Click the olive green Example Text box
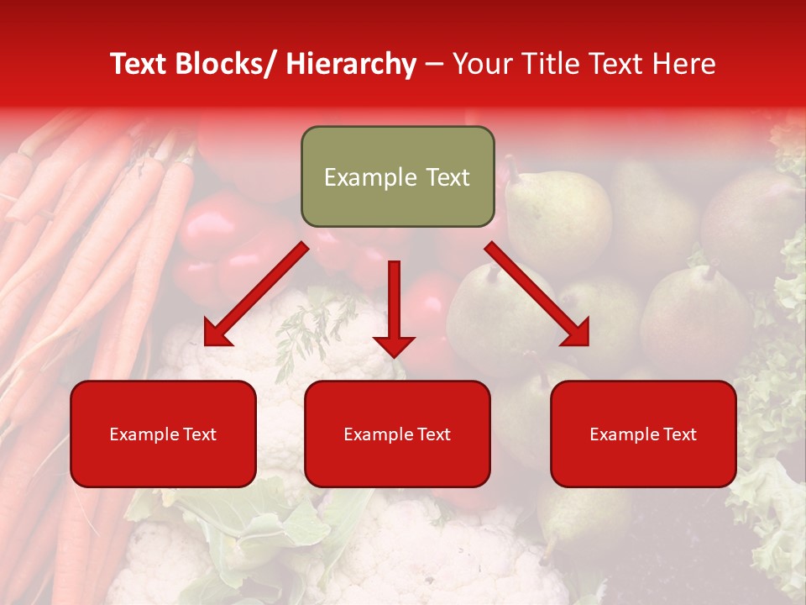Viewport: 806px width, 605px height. click(397, 176)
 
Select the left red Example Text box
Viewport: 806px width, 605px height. click(163, 434)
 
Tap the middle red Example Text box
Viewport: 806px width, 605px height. click(397, 434)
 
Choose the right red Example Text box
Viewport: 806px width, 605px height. click(643, 434)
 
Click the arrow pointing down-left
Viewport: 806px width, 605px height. click(257, 294)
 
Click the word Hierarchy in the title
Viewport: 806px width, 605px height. click(351, 64)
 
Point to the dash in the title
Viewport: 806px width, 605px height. click(434, 64)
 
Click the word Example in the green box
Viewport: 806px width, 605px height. click(370, 177)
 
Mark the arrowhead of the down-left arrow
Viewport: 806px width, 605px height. click(217, 334)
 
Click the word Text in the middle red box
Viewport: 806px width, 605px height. click(432, 434)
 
